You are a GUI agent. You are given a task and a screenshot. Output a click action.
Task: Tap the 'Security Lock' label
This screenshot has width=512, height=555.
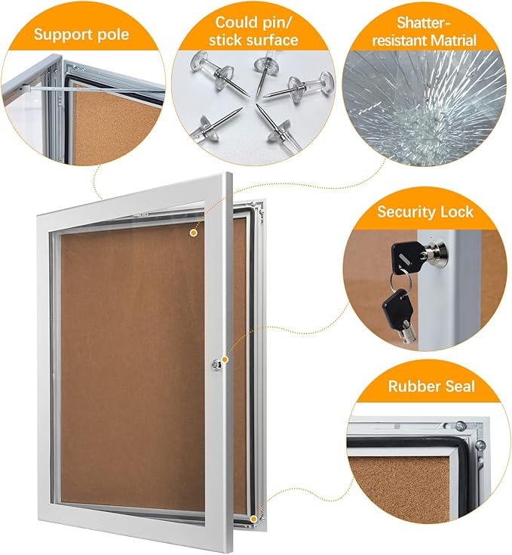pyautogui.click(x=425, y=211)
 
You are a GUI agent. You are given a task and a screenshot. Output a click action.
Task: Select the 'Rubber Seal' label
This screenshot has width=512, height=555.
pyautogui.click(x=431, y=387)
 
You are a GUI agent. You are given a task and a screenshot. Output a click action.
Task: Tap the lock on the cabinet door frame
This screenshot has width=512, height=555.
pyautogui.click(x=219, y=364)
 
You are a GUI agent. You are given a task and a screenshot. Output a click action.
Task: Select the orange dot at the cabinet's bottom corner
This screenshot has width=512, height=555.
pyautogui.click(x=254, y=519)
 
